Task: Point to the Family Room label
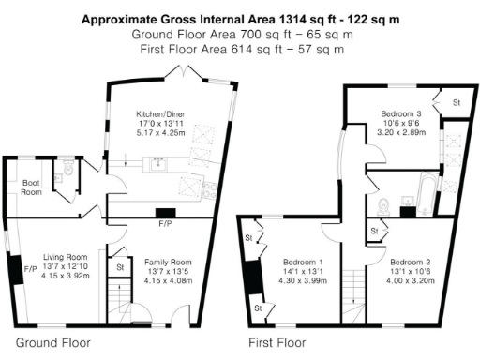167,262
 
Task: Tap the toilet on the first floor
383,205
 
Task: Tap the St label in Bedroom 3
457,101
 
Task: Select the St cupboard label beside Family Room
120,267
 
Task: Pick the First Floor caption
277,343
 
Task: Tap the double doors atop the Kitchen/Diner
193,75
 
